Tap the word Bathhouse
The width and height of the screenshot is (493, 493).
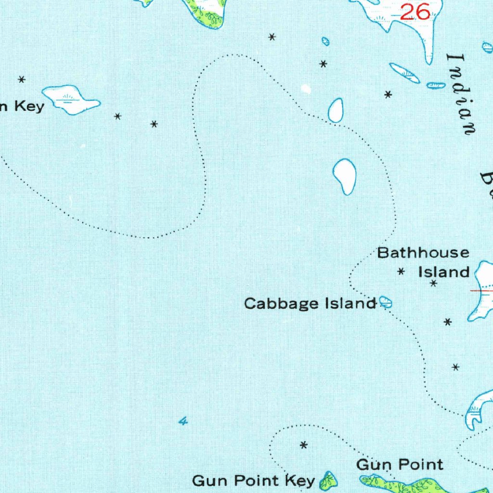click(x=423, y=253)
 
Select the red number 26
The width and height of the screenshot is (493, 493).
click(x=415, y=13)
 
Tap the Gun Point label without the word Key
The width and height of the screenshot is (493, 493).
click(x=400, y=465)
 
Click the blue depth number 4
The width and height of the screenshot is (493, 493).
click(x=182, y=422)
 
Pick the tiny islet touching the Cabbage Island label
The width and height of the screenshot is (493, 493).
click(x=386, y=302)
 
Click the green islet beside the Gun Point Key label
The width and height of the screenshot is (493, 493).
click(x=329, y=480)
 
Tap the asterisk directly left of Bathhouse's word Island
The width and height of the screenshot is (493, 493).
click(x=401, y=272)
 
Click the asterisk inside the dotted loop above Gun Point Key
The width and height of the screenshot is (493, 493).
click(x=304, y=445)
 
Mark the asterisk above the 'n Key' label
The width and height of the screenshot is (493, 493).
click(x=22, y=79)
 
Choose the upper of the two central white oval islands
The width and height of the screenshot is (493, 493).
click(x=336, y=110)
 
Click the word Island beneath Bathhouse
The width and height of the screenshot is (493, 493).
click(x=443, y=272)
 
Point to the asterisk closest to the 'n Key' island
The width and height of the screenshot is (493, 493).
click(x=117, y=117)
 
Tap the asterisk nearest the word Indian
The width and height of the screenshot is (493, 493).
click(x=388, y=95)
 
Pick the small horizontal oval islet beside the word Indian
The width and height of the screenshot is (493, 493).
click(x=436, y=85)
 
